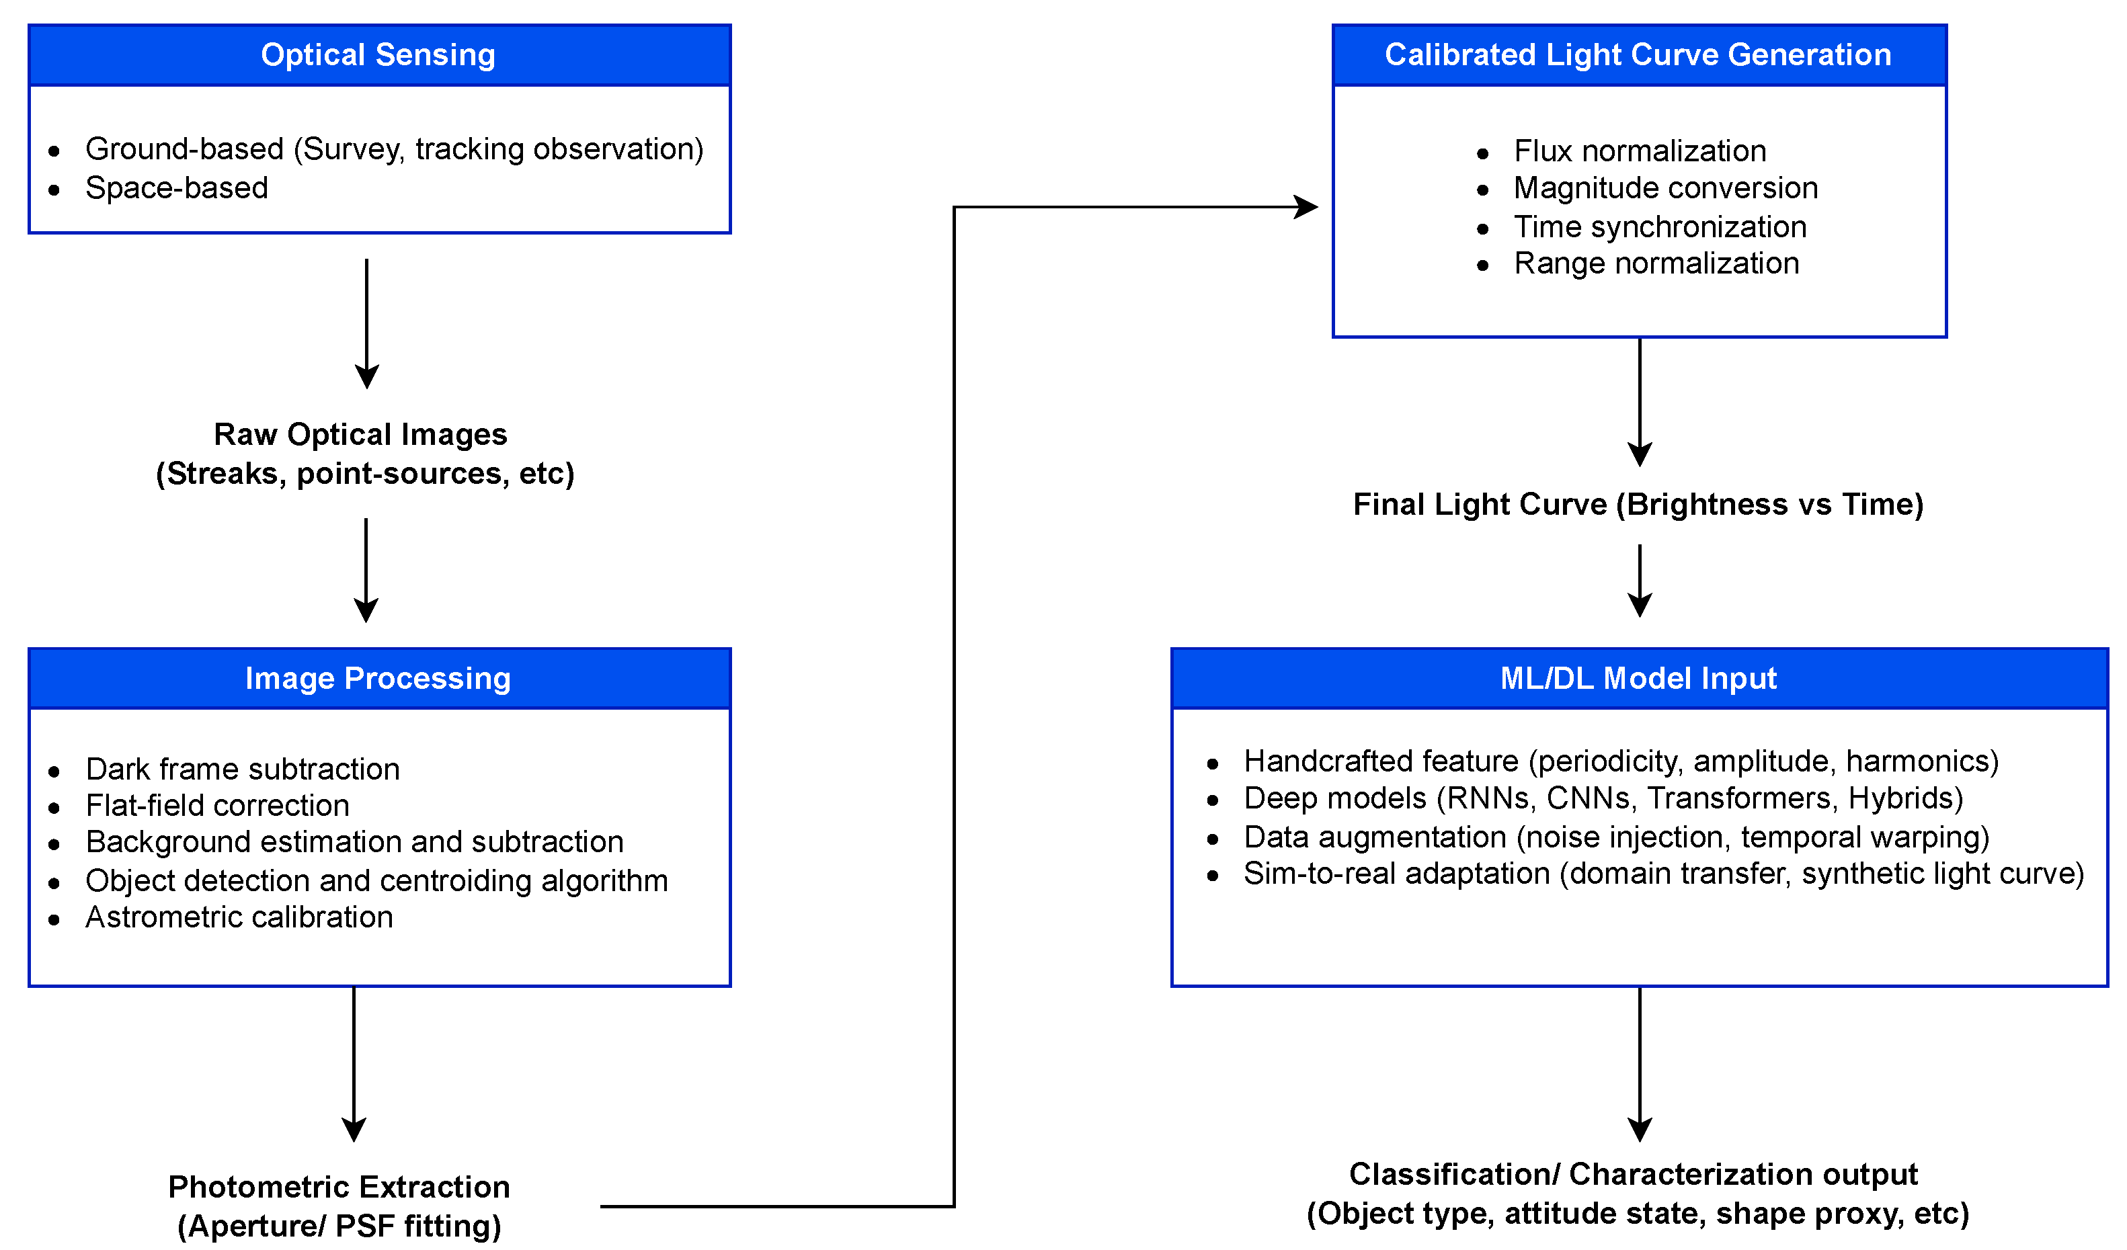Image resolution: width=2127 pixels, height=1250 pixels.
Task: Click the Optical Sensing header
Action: coord(378,55)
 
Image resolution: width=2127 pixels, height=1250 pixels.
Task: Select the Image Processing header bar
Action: coord(378,679)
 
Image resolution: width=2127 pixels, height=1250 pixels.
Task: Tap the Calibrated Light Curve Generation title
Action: coord(1639,55)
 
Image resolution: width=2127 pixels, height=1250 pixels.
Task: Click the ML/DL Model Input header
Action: coord(1639,679)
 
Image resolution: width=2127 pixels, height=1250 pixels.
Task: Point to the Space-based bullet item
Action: coord(176,188)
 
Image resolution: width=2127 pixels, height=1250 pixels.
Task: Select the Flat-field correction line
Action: coord(218,806)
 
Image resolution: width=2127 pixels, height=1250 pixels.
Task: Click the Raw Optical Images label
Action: coord(361,435)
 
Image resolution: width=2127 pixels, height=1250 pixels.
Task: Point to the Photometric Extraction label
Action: coord(339,1188)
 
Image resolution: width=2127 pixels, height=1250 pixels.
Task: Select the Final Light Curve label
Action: coord(1639,505)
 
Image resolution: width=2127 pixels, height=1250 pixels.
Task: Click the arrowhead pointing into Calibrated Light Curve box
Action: coord(1308,207)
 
